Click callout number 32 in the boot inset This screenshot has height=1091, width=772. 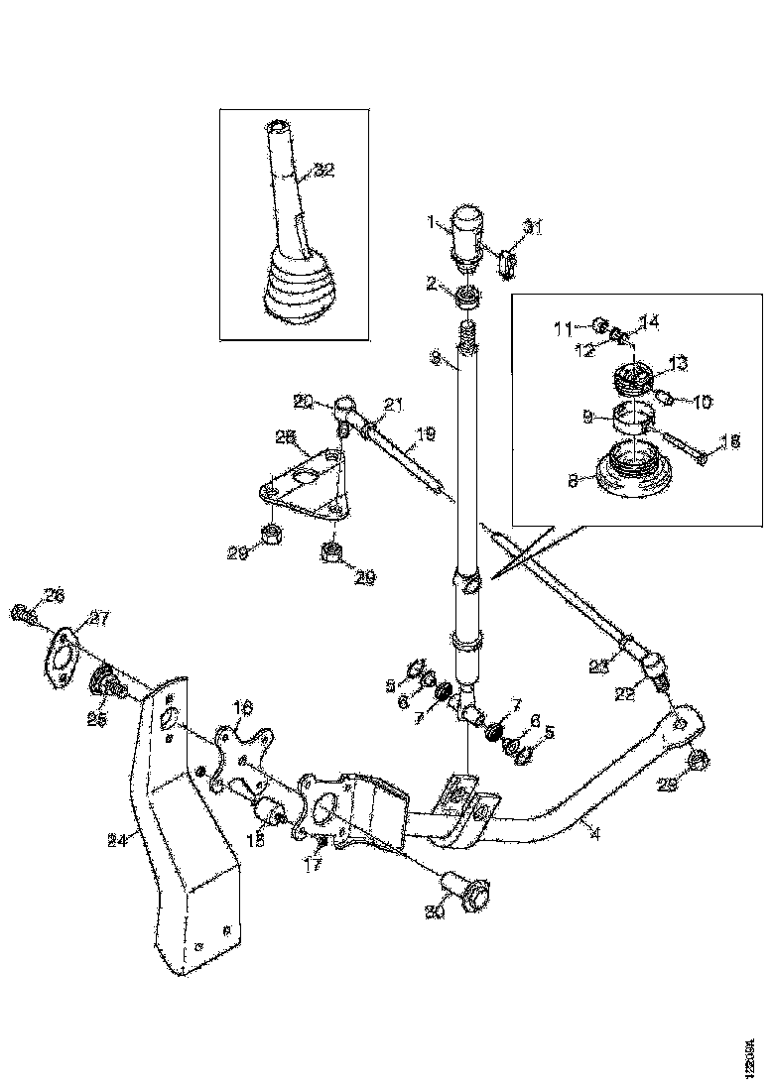pos(324,170)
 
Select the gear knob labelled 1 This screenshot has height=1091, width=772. pos(468,235)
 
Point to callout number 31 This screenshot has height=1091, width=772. pos(534,229)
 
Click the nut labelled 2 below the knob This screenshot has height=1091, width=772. pos(467,296)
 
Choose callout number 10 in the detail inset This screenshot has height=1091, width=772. pos(702,402)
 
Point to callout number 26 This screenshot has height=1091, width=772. pos(54,595)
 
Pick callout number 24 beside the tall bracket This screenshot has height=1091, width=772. pos(117,840)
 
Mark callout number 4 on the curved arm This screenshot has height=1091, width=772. pos(594,835)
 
